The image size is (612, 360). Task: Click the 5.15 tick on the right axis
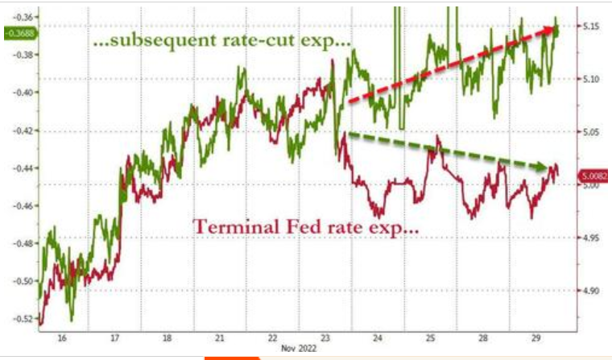[591, 27]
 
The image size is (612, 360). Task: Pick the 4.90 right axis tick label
[591, 290]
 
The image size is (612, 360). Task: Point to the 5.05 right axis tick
[591, 132]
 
